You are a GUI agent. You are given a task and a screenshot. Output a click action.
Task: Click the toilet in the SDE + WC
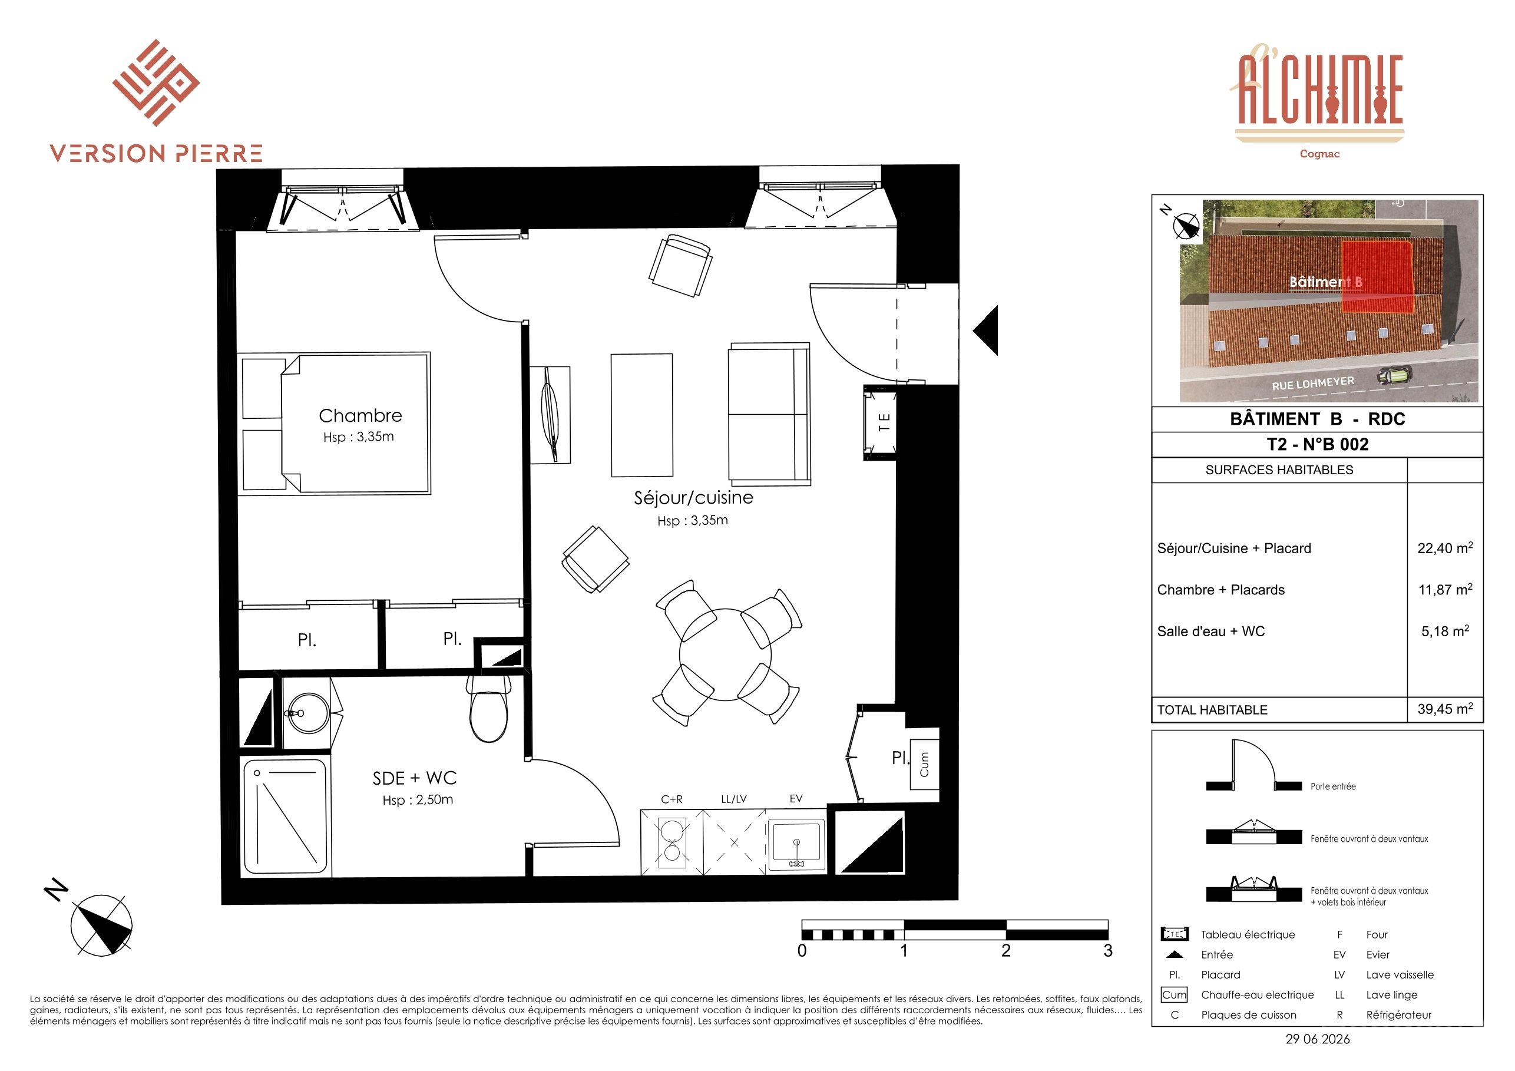pyautogui.click(x=489, y=708)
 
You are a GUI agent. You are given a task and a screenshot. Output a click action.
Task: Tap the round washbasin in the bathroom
pyautogui.click(x=307, y=712)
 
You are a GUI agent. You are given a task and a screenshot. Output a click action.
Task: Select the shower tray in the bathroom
pyautogui.click(x=285, y=817)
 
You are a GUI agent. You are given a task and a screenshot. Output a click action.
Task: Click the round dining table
pyautogui.click(x=725, y=654)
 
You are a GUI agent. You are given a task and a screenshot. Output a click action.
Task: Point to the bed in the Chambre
pyautogui.click(x=336, y=423)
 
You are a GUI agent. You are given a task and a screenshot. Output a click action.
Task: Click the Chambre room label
pyautogui.click(x=360, y=416)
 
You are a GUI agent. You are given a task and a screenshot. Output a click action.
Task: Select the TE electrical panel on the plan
pyautogui.click(x=880, y=422)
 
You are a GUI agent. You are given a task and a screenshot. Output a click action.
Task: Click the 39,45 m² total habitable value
pyautogui.click(x=1445, y=709)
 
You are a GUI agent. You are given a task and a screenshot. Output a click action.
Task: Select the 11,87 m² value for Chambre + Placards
pyautogui.click(x=1445, y=589)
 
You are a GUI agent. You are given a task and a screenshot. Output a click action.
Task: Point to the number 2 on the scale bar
pyautogui.click(x=1005, y=951)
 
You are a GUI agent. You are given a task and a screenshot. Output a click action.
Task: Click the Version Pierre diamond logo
pyautogui.click(x=156, y=83)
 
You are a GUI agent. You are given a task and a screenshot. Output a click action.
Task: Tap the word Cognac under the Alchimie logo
pyautogui.click(x=1319, y=154)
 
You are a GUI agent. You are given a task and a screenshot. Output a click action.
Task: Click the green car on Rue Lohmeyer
pyautogui.click(x=1394, y=376)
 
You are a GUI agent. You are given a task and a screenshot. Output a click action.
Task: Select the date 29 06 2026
pyautogui.click(x=1318, y=1039)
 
